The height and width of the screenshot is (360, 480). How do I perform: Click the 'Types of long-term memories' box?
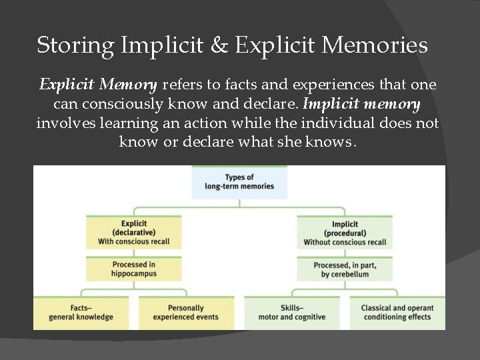[239, 182]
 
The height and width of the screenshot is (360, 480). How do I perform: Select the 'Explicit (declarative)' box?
[133, 233]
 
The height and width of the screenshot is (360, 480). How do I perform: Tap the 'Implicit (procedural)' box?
[345, 233]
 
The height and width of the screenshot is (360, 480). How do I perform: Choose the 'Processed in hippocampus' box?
[133, 269]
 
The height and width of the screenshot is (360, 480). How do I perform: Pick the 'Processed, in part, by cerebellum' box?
[345, 269]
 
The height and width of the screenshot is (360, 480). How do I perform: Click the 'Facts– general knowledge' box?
[81, 313]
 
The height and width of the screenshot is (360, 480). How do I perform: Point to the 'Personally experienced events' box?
[186, 313]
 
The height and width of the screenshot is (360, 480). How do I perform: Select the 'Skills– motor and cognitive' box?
[292, 313]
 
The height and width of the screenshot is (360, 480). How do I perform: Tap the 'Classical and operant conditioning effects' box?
[397, 313]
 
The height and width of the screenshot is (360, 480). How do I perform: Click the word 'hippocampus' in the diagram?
[133, 274]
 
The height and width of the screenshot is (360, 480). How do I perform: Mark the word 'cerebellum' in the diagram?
[353, 274]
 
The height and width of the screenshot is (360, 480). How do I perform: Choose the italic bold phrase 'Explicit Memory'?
[98, 85]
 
